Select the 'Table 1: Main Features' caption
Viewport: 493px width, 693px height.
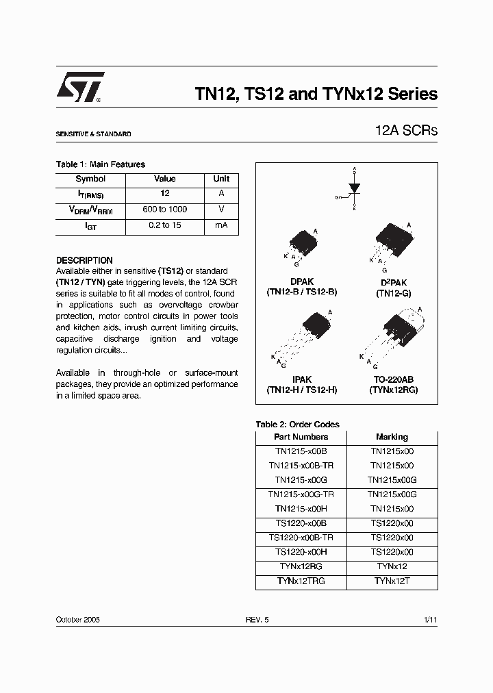[100, 164]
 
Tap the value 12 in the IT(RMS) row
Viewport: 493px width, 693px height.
[165, 194]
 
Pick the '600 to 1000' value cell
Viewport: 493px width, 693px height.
[165, 210]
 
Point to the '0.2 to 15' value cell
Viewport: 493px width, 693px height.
[165, 225]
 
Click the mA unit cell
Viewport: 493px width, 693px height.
[221, 225]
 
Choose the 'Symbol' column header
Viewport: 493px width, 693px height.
[90, 179]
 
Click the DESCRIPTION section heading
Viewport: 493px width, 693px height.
[84, 260]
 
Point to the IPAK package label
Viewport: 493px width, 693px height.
[301, 379]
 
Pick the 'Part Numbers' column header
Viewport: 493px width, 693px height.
[301, 437]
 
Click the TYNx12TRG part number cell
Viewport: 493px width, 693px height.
[301, 581]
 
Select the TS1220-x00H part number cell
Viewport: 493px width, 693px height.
[301, 552]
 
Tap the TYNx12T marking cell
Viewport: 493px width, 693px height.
[392, 581]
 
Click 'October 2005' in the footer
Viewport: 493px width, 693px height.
[78, 619]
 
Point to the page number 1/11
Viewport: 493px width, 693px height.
[430, 619]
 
